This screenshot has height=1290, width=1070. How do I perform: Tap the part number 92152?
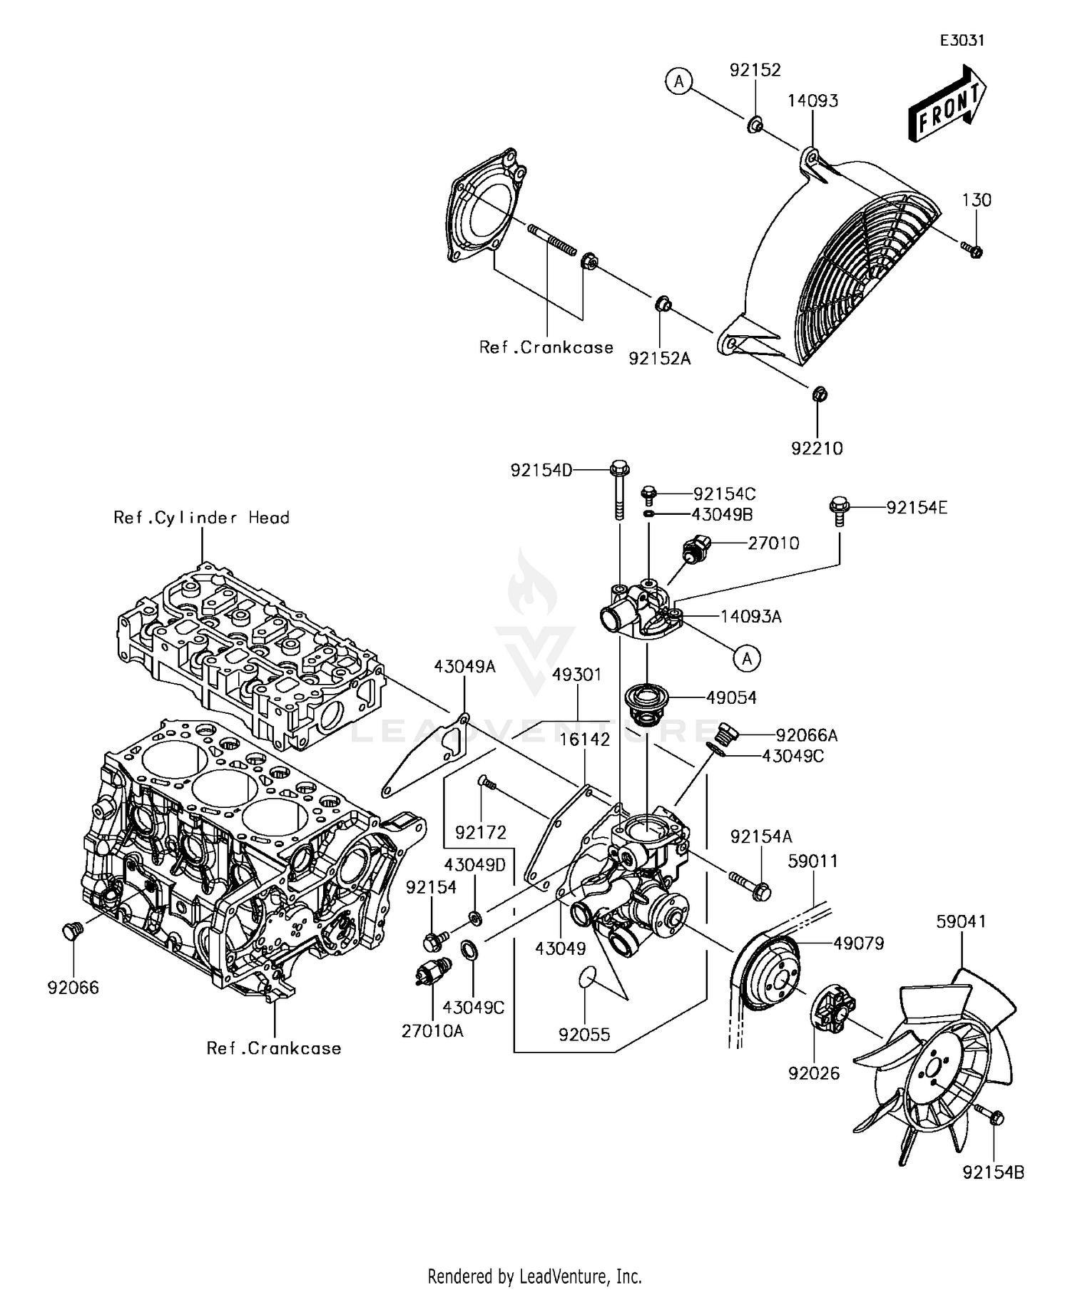click(755, 70)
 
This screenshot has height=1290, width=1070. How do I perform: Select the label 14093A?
click(751, 616)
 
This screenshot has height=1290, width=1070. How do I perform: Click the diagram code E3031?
click(962, 41)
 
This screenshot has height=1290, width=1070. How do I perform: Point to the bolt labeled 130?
click(972, 249)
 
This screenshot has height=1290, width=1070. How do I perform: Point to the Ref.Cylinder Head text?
click(202, 518)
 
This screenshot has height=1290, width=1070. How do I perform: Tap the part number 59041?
click(961, 921)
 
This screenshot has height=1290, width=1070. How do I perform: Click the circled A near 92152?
click(679, 82)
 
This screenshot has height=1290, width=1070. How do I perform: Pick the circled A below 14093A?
click(747, 658)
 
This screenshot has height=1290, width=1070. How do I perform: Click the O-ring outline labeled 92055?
click(586, 977)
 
